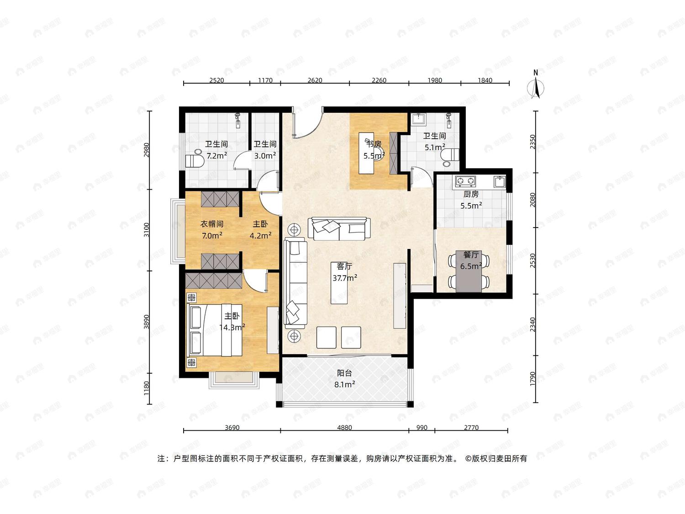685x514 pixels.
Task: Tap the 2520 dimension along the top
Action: [216, 80]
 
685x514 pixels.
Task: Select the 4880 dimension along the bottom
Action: [344, 428]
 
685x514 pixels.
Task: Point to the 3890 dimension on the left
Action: [147, 322]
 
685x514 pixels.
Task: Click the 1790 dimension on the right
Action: [532, 379]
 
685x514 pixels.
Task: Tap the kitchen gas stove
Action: [465, 180]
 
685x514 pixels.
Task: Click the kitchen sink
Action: [500, 182]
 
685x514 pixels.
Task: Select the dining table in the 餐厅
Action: [469, 271]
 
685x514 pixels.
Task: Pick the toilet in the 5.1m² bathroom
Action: [451, 157]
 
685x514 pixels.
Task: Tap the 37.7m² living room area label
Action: [345, 278]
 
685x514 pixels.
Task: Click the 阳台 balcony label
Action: [344, 373]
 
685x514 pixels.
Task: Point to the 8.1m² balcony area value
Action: [345, 384]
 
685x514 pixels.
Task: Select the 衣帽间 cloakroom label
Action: [212, 224]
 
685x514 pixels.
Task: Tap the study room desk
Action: [366, 153]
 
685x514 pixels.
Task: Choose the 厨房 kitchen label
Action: [471, 194]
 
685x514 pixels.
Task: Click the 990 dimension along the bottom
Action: [422, 428]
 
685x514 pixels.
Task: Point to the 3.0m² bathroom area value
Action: [265, 155]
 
